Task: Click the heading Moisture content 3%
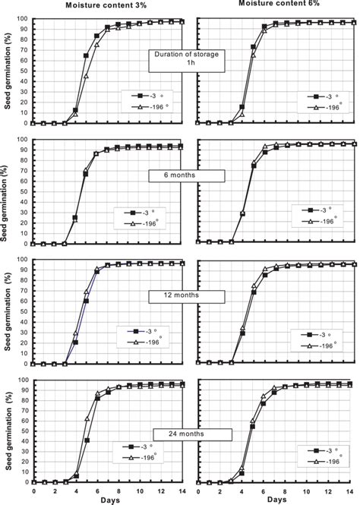point(106,5)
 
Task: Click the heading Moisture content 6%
point(279,3)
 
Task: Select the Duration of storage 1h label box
point(186,61)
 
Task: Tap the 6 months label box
point(186,176)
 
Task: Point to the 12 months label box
point(186,296)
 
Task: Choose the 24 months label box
point(192,434)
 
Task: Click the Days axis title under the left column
point(110,500)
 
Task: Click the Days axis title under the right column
point(277,500)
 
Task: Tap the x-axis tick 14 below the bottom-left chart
point(182,491)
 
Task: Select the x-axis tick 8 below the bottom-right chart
point(285,491)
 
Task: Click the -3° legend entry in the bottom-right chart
point(324,450)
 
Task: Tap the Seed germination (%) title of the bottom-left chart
point(8,431)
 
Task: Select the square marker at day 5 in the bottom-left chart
point(87,440)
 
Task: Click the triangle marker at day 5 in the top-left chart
point(86,76)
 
